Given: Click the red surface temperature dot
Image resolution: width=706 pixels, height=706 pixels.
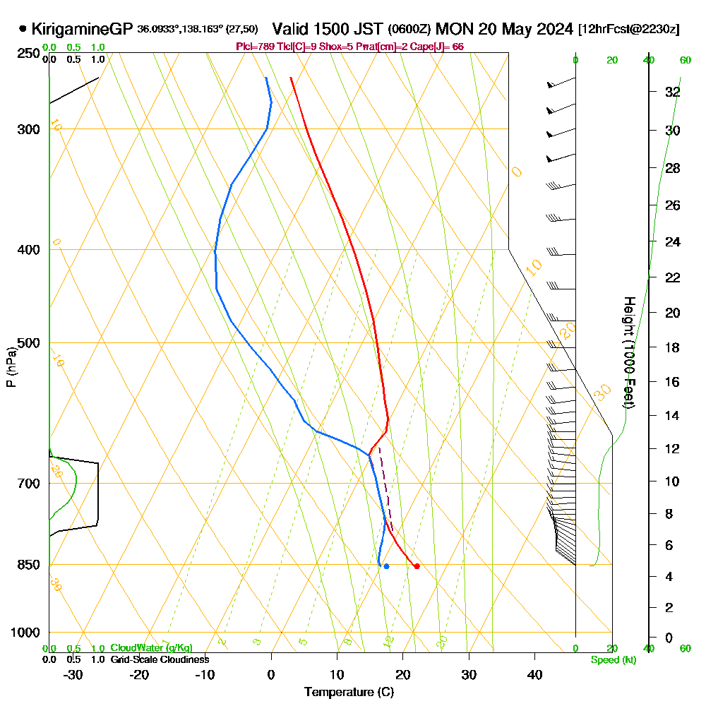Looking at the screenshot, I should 417,566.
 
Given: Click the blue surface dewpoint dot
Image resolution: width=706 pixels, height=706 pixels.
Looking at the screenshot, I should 386,566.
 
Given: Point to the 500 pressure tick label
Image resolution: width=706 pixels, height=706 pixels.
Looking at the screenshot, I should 26,343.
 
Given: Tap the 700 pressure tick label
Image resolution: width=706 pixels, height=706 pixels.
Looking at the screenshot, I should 26,484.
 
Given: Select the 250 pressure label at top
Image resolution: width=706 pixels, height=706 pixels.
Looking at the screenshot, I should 26,54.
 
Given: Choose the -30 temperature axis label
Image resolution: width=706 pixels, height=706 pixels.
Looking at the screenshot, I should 73,675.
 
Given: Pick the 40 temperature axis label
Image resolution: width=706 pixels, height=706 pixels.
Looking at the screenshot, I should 534,675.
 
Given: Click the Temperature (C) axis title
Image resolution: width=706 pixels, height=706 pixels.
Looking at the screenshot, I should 349,692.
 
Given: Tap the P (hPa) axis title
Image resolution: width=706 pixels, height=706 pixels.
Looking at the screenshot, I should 11,367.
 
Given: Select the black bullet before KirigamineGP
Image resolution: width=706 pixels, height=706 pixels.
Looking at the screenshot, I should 23,29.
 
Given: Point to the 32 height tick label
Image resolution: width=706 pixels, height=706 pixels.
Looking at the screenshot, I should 672,92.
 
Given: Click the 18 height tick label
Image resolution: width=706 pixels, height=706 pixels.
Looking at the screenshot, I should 672,347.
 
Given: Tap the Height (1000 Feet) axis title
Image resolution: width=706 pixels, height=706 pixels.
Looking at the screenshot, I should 627,352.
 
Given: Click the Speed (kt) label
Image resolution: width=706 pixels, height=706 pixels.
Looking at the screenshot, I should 614,659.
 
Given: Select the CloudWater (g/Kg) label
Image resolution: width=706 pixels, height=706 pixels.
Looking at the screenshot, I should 151,648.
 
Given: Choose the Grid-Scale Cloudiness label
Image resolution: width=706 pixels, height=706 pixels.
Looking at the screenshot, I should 159,659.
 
